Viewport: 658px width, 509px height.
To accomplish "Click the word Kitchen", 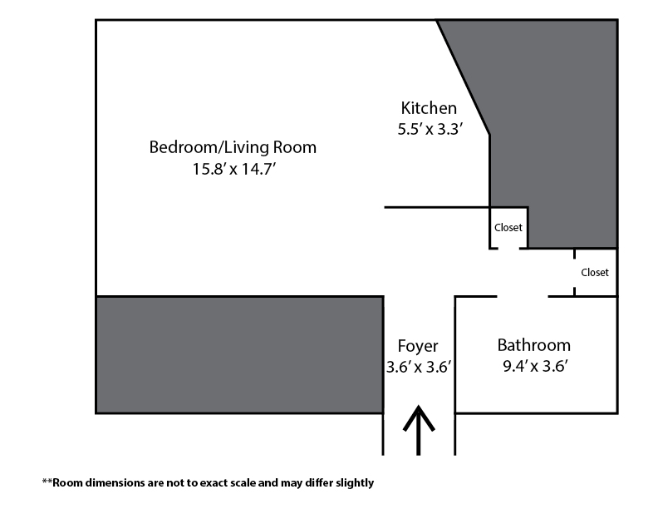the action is tap(429, 108).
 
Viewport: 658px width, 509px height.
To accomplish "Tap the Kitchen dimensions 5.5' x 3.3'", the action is tap(430, 129).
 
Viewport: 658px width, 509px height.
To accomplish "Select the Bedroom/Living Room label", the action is tap(233, 147).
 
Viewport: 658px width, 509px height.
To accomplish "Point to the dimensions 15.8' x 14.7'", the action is tap(233, 169).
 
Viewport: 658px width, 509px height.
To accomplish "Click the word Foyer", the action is tap(418, 346).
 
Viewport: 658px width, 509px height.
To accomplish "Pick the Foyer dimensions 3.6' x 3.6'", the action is tap(419, 367).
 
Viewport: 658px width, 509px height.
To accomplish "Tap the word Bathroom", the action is tap(533, 345).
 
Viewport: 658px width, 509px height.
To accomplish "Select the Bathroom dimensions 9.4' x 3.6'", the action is tap(535, 366).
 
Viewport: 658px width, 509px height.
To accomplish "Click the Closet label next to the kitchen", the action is tap(508, 228).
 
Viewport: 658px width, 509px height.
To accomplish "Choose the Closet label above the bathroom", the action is tap(595, 273).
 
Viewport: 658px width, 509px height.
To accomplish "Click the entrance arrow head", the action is tap(419, 417).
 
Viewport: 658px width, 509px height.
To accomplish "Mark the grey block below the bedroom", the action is tap(239, 355).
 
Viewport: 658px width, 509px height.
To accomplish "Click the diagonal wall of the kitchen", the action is tap(463, 77).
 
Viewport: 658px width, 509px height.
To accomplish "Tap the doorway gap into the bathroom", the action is tap(523, 296).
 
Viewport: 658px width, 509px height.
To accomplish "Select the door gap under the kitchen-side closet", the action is tap(508, 249).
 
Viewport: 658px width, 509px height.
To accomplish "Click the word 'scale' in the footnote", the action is tap(243, 483).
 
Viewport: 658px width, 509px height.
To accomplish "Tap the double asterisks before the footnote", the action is tap(47, 482).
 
